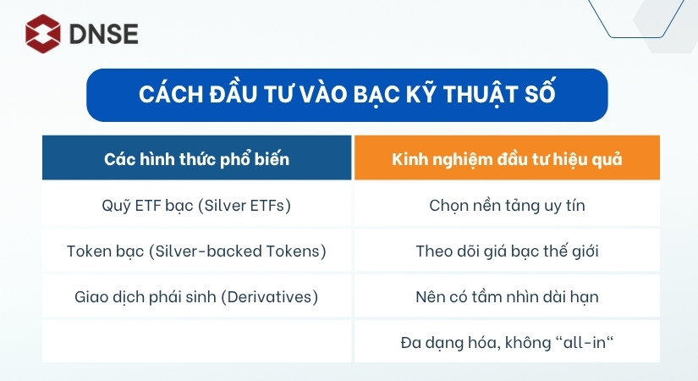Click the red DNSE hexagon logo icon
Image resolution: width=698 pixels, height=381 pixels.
[43, 33]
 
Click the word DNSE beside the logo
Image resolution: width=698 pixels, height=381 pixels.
[103, 34]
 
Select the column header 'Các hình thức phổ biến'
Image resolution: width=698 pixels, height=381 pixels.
[196, 158]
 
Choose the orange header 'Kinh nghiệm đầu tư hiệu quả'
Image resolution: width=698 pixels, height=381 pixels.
[507, 158]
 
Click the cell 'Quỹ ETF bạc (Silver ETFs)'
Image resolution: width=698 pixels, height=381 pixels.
[196, 204]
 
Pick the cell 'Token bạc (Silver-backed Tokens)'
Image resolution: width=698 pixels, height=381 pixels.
[196, 251]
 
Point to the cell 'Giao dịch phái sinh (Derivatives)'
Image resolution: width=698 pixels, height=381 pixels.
[196, 297]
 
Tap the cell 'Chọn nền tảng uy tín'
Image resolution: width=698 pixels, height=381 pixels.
[507, 204]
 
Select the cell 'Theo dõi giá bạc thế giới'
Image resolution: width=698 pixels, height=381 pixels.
[507, 251]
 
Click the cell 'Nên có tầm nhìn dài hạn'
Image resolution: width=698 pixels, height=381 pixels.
[507, 297]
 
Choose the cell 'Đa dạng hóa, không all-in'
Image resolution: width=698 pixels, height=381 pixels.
[507, 343]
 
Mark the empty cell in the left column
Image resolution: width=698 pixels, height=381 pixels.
[196, 343]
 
